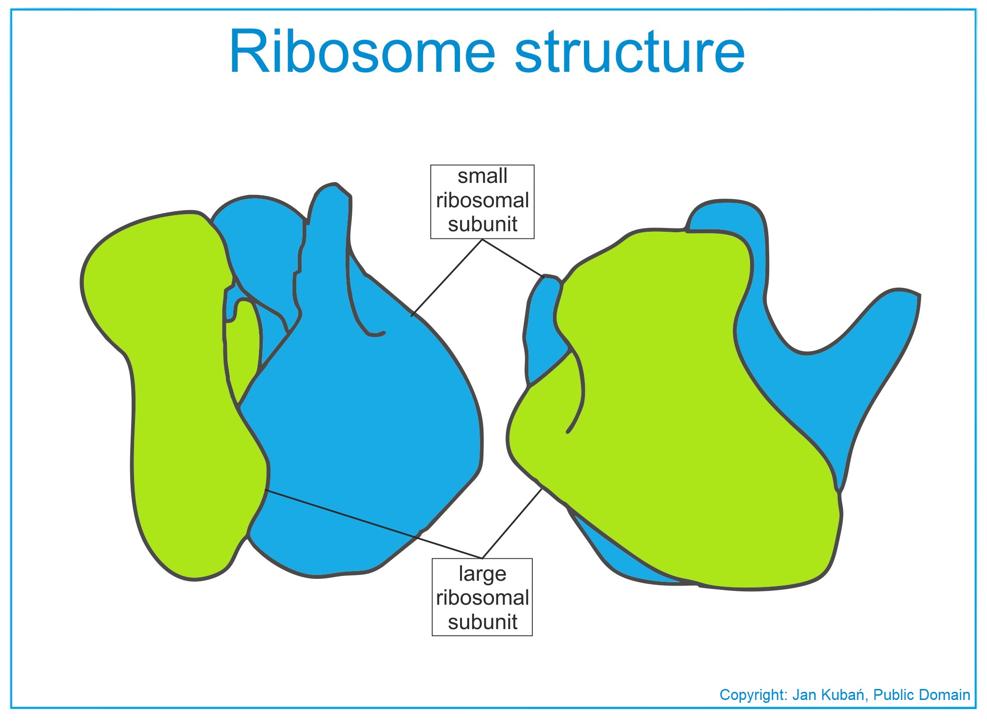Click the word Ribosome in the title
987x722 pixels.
362,51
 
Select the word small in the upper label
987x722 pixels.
482,176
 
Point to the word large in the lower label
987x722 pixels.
482,574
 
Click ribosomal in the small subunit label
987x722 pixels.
482,200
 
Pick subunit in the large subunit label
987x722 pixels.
482,622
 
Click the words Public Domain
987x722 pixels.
921,695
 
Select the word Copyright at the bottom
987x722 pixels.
753,695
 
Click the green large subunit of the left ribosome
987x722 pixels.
177,393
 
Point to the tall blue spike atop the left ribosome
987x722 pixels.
328,254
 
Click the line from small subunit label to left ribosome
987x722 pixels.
446,278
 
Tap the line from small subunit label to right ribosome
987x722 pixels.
513,258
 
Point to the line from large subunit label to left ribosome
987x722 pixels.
374,524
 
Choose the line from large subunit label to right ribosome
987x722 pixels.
512,523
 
